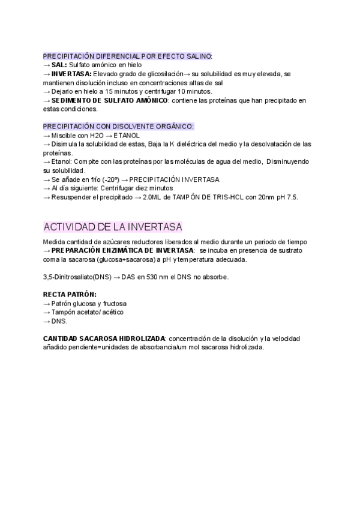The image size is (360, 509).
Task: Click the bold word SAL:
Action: point(59,65)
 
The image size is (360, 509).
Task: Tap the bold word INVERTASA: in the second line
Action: point(72,74)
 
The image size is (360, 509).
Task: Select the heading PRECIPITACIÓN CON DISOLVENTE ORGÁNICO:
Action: point(118,127)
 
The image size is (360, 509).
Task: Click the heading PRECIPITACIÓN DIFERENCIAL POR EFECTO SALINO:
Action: point(127,56)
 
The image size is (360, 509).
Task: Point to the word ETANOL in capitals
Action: point(127,136)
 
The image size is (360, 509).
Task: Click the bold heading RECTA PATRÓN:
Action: point(70,295)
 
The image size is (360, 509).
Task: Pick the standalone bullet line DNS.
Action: point(59,322)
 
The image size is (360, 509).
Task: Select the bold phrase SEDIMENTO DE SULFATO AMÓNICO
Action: point(110,100)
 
